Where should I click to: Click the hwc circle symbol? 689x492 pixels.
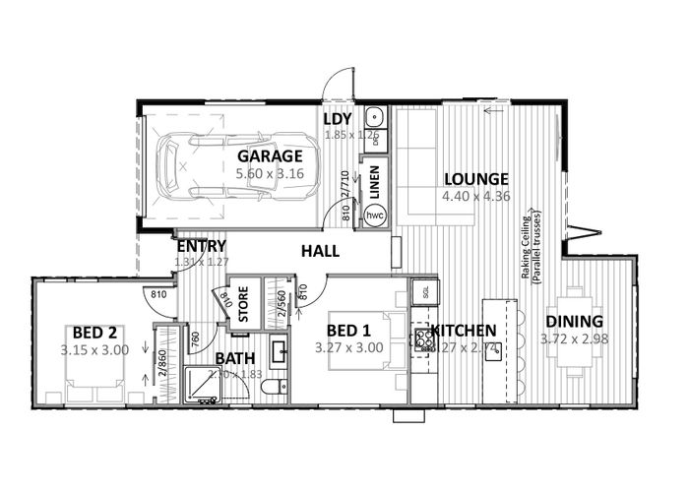click(x=375, y=215)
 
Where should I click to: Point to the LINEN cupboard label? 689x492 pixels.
click(x=375, y=182)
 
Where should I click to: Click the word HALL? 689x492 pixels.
click(x=321, y=253)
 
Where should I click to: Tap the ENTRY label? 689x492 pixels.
click(x=202, y=246)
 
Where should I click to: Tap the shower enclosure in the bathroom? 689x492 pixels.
click(x=201, y=386)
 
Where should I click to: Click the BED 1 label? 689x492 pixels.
click(x=349, y=330)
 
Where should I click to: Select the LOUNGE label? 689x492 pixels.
click(x=476, y=179)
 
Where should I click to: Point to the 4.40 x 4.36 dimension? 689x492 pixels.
click(x=476, y=196)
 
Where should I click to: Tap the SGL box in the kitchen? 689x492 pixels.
click(x=424, y=292)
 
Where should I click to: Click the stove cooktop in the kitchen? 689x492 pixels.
click(x=425, y=339)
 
